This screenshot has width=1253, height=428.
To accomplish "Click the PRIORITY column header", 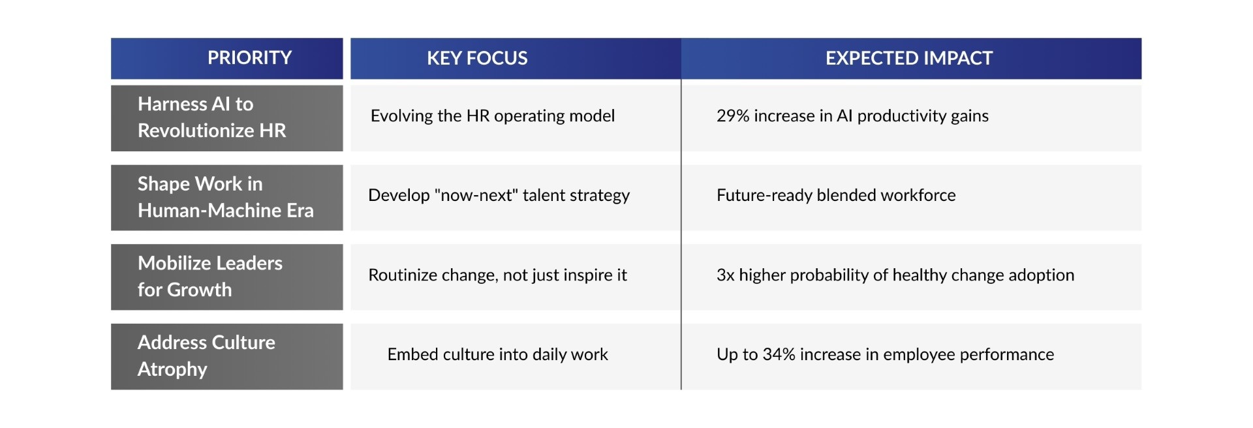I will pyautogui.click(x=249, y=58).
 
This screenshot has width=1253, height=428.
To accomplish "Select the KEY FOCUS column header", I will pyautogui.click(x=477, y=59).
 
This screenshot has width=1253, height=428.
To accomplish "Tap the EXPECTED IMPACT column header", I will pyautogui.click(x=908, y=59).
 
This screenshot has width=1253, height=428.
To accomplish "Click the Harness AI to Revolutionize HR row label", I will pyautogui.click(x=211, y=117).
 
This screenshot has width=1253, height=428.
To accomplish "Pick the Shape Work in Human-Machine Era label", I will pyautogui.click(x=225, y=197).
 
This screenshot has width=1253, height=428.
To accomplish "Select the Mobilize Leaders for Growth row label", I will pyautogui.click(x=209, y=276).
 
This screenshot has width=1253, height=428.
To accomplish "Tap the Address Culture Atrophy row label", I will pyautogui.click(x=206, y=356).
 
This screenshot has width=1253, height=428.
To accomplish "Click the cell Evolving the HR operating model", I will pyautogui.click(x=492, y=116).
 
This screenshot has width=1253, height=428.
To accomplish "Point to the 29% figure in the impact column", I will pyautogui.click(x=732, y=116).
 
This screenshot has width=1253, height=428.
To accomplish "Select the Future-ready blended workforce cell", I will pyautogui.click(x=835, y=195).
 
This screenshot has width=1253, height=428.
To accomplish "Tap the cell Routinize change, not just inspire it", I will pyautogui.click(x=497, y=275).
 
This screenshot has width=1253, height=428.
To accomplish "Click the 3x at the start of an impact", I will pyautogui.click(x=725, y=275).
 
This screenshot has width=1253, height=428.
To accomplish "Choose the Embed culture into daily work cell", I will pyautogui.click(x=497, y=355).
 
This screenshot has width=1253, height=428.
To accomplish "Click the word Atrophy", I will pyautogui.click(x=172, y=370).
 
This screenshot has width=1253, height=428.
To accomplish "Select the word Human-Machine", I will pyautogui.click(x=209, y=211).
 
